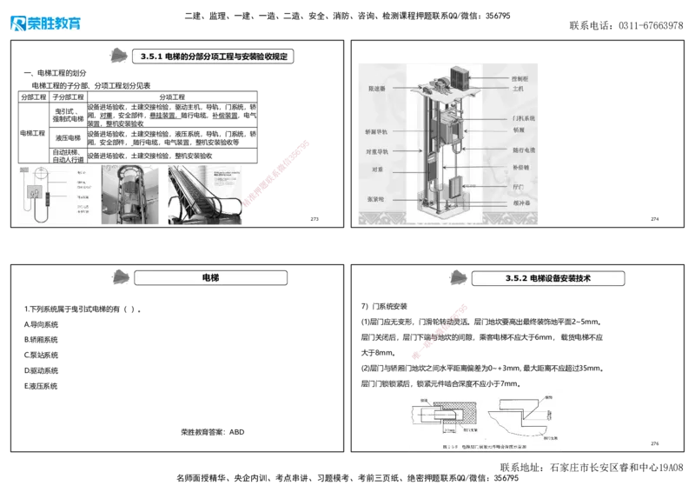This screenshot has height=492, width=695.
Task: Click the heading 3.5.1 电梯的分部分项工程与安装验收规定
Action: [212, 57]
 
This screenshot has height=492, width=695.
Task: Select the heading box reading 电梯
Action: [210, 277]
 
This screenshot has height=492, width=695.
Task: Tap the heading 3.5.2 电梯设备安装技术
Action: [547, 278]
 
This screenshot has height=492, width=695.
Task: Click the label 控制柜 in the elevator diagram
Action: [522, 79]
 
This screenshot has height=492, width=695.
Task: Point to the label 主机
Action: [519, 90]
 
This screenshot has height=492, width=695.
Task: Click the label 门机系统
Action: [524, 117]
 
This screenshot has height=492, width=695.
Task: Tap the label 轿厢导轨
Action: [377, 133]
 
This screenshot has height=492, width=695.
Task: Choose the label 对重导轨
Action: [377, 150]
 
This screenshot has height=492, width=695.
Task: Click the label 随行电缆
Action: [523, 150]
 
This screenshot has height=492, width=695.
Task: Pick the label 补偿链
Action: [520, 167]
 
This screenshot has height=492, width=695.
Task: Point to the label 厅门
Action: [519, 186]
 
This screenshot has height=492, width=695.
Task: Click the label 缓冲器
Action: [522, 202]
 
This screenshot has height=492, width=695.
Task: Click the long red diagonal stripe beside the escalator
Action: [276, 174]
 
